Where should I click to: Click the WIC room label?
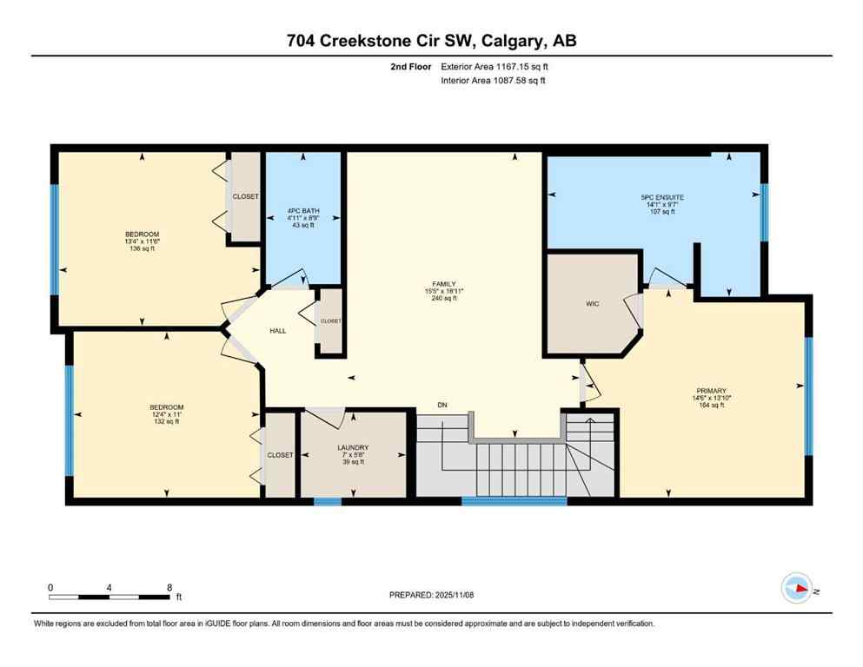593,303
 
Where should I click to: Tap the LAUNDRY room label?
353,447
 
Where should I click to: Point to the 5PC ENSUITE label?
662,197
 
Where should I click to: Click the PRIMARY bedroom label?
710,391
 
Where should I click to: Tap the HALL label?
277,330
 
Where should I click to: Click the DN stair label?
442,405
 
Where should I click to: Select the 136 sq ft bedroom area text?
142,250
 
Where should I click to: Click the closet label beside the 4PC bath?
245,196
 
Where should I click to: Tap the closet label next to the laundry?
280,454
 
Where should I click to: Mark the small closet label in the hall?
331,320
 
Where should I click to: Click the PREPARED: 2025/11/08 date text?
432,595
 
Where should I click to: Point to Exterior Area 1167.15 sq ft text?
494,67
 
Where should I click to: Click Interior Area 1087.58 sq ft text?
493,81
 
